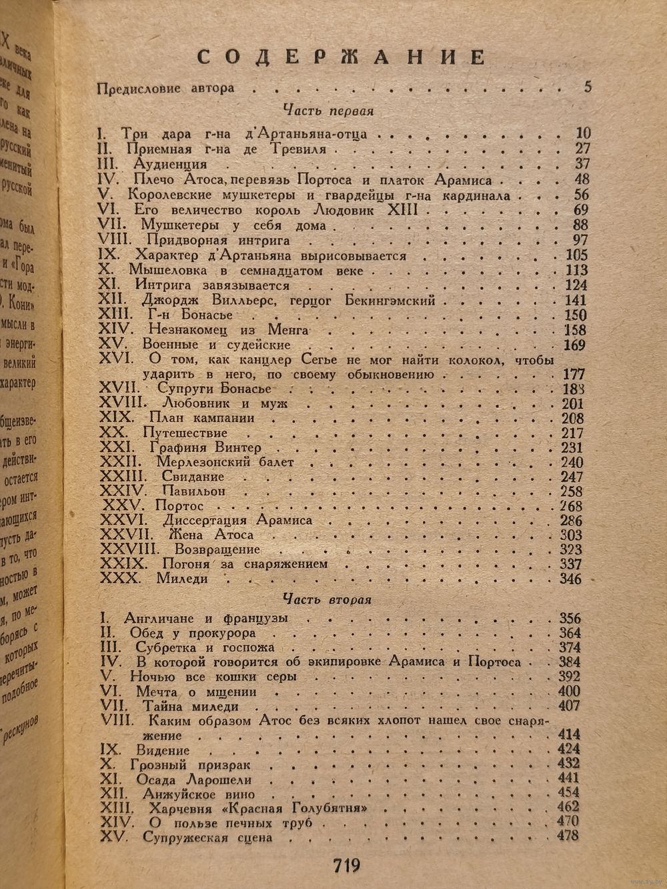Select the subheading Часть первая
pos(327,110)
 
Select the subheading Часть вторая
pos(326,599)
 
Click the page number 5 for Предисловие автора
pos(587,87)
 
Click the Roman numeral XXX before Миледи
pos(120,579)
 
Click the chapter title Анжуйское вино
pos(199,794)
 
